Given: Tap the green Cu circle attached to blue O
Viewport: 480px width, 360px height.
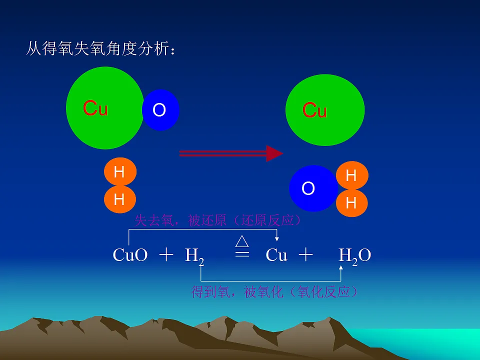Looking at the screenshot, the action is tap(104, 108).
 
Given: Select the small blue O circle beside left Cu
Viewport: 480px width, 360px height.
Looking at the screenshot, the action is tap(160, 110).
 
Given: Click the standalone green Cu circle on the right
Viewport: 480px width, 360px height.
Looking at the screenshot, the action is tap(325, 110).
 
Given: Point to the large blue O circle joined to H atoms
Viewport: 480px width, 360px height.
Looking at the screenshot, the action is tap(313, 188).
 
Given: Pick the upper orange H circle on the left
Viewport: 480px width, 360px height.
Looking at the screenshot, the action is tap(120, 171).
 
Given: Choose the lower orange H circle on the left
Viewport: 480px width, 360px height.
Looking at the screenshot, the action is tap(120, 199).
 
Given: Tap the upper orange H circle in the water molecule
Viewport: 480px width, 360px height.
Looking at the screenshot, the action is tap(352, 175).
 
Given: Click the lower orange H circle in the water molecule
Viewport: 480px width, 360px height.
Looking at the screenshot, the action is tap(352, 202).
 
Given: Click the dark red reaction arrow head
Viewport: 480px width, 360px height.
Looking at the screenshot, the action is tap(274, 153).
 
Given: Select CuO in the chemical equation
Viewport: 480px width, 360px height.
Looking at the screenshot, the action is tap(130, 254).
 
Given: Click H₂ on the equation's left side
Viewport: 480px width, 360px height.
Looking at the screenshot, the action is tap(194, 256).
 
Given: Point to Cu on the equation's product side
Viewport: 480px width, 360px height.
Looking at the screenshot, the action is tap(276, 254).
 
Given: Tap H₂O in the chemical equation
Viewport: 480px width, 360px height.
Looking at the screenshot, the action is tap(355, 256).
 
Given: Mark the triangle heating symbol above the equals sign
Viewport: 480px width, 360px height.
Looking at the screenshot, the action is tap(242, 241).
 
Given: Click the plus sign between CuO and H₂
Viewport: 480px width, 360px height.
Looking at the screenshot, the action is tap(166, 254).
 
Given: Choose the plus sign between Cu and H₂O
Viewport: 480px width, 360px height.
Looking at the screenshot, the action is tap(305, 254).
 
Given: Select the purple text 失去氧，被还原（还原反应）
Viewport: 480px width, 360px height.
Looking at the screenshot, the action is tap(218, 220).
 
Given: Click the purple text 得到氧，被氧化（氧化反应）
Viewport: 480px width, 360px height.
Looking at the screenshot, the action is tap(274, 291).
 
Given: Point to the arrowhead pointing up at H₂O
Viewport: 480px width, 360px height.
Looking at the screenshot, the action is tap(340, 268).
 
